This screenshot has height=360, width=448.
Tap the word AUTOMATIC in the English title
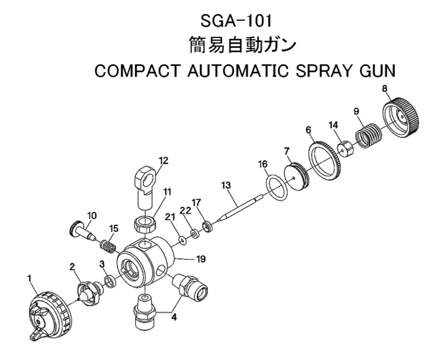[x=231, y=73]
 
